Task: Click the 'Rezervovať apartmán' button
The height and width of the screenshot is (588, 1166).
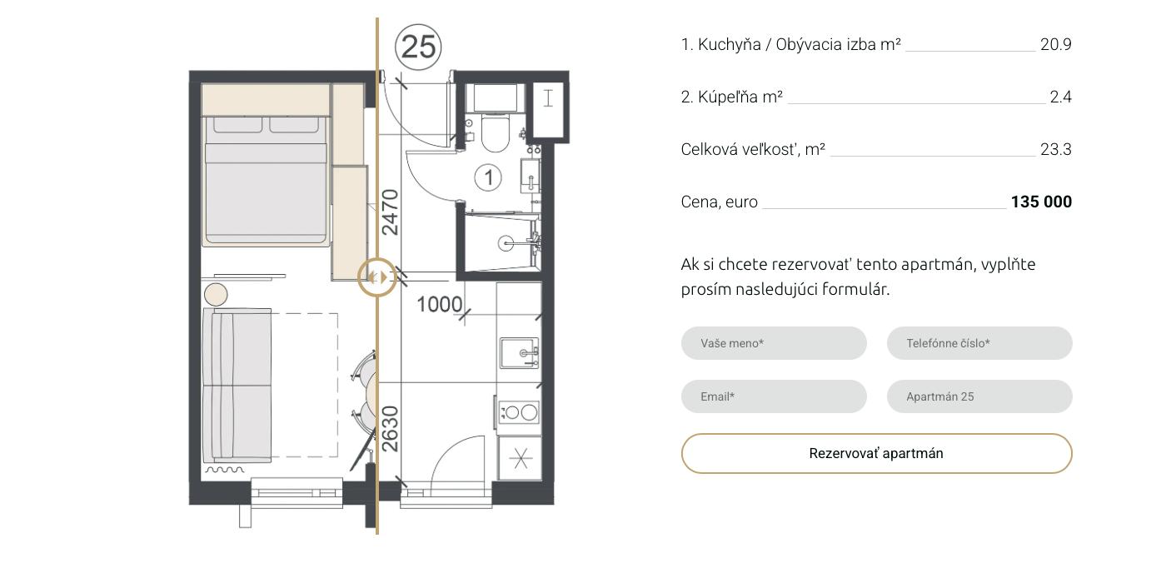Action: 876,453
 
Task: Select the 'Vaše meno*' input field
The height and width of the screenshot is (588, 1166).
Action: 774,343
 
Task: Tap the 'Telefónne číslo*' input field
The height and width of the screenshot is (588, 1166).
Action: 979,343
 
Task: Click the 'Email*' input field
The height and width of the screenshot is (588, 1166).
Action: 774,396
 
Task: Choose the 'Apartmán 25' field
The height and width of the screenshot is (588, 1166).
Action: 979,396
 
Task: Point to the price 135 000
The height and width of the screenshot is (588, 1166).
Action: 1041,202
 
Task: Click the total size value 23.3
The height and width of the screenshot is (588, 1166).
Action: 1056,149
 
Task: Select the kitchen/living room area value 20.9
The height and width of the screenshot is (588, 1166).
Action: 1056,44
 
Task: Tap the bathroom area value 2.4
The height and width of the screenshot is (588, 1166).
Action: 1061,97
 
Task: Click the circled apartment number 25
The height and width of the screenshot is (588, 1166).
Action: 418,47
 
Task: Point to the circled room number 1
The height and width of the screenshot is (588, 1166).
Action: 488,178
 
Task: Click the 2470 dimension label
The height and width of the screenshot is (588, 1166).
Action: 390,212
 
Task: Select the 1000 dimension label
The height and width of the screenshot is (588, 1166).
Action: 440,304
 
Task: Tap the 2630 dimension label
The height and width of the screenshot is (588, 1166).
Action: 390,429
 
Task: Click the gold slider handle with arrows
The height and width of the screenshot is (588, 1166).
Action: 377,277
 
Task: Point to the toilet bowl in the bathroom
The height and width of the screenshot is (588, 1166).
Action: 495,132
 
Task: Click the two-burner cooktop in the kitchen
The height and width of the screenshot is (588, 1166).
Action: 519,412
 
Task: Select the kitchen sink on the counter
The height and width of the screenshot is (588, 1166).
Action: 520,353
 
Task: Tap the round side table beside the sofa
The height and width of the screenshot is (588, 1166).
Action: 216,295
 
